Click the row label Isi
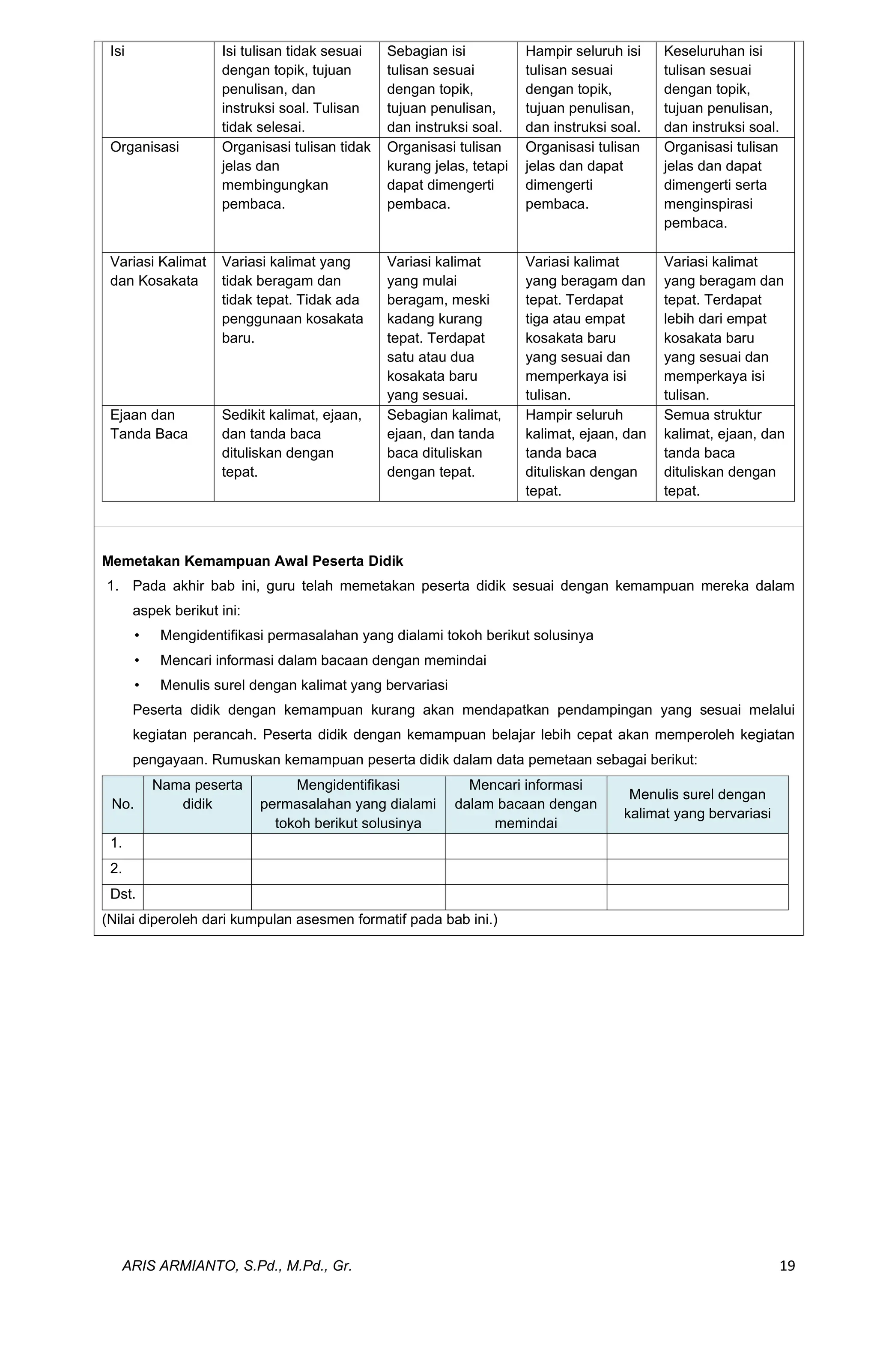117,51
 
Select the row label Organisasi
144,147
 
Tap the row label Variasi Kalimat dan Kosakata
158,272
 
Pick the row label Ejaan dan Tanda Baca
149,424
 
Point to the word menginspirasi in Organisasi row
708,204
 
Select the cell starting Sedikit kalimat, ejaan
291,443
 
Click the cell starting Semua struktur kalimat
724,452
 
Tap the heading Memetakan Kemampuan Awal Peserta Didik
252,561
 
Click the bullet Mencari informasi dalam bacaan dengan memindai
323,660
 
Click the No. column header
122,804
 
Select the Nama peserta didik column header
197,794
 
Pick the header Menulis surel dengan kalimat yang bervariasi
697,804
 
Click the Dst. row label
123,894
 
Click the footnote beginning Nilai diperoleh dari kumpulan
300,919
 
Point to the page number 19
787,1265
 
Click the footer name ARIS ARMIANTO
237,1265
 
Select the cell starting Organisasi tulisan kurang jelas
447,175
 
